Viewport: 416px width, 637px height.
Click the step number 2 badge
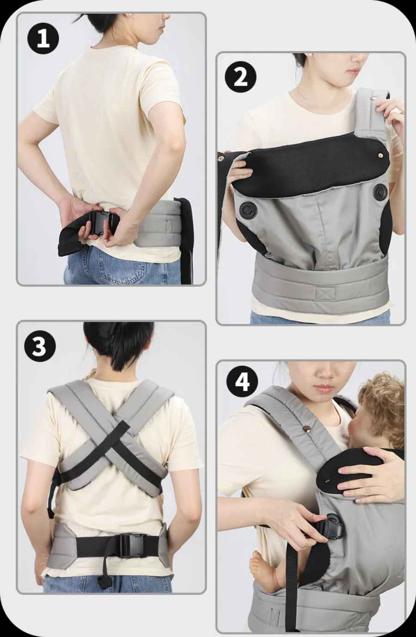click(x=241, y=77)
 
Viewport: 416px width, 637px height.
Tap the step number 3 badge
click(x=40, y=346)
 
